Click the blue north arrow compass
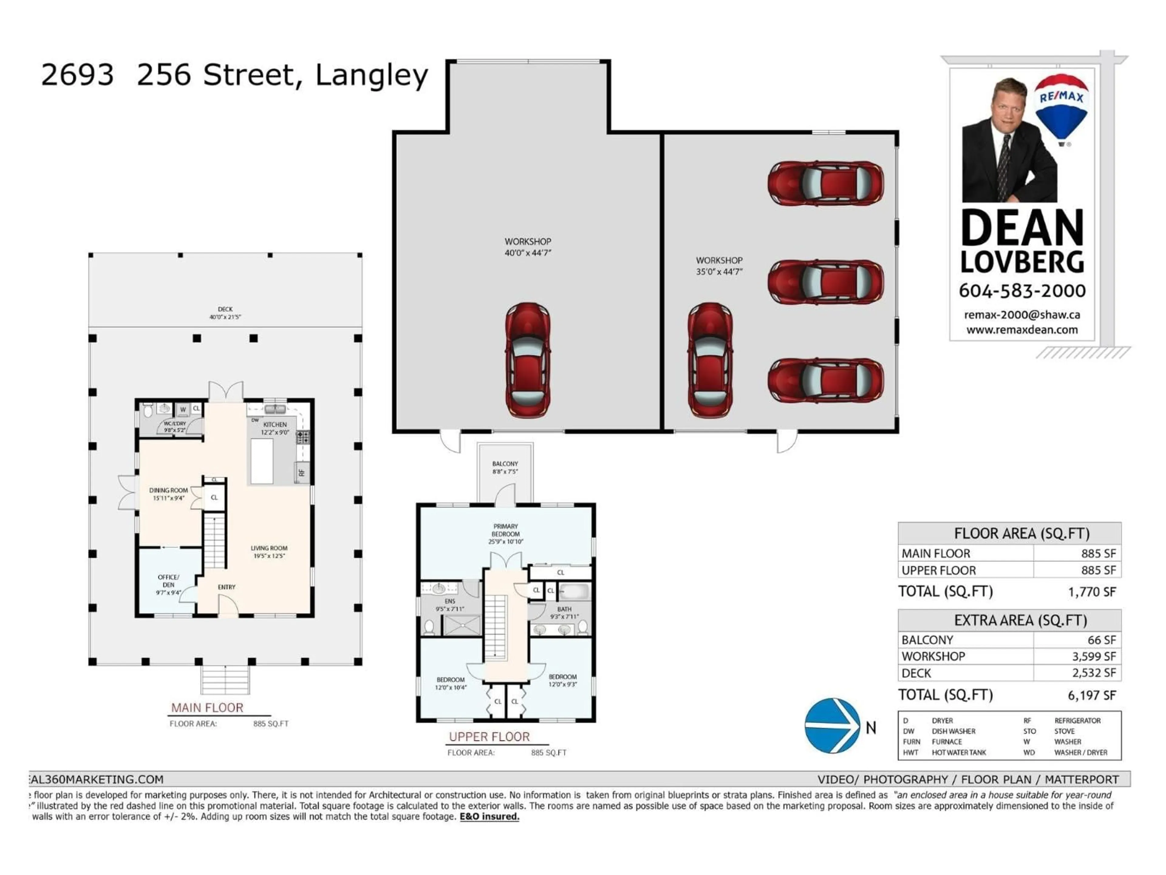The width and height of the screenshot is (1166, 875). coord(832,726)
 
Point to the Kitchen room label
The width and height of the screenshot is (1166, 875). coord(274,428)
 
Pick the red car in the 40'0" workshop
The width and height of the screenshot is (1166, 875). coord(528,360)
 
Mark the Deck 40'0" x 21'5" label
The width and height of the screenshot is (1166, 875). coord(225,313)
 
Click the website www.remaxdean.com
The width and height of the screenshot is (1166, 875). coord(1021,330)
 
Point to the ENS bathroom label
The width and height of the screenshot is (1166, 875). coord(450,604)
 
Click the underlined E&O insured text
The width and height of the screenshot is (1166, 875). coord(489,816)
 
